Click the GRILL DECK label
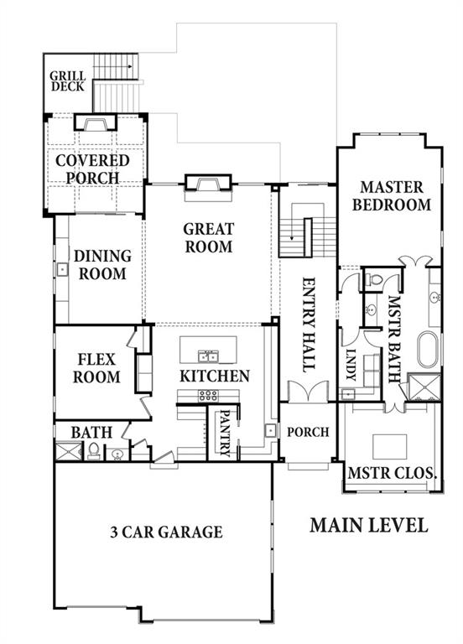(x=67, y=81)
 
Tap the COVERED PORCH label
(x=93, y=169)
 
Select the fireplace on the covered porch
(x=96, y=122)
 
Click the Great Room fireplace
(x=208, y=183)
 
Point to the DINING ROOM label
(x=102, y=265)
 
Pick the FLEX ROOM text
(x=96, y=368)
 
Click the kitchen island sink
(x=208, y=356)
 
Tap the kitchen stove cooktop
(x=208, y=396)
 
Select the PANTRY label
(x=224, y=433)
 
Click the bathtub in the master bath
(x=428, y=349)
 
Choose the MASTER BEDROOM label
(x=392, y=196)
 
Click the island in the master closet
(x=389, y=447)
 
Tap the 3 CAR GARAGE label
(x=166, y=532)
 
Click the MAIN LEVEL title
(x=369, y=525)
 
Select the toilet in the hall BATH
(x=94, y=451)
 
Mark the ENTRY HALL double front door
(x=308, y=391)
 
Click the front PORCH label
(x=308, y=432)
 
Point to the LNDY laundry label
(x=351, y=365)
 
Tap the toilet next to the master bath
(x=374, y=280)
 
